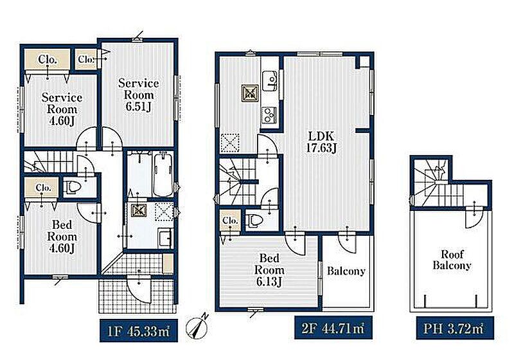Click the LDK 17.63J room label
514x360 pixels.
coord(321,142)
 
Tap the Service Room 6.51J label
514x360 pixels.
coord(139,94)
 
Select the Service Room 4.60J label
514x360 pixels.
coord(62,109)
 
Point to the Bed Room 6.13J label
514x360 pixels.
coord(269,270)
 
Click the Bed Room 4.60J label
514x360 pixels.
coord(62,237)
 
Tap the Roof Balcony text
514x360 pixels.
coord(452,259)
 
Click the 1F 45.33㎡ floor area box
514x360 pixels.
coord(139,331)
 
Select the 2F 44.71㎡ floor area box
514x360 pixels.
coord(333,328)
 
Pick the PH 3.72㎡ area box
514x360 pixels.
coord(455,328)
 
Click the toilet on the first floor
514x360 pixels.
coord(74,187)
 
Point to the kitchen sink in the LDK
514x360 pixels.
coord(270,80)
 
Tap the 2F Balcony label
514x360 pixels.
coord(346,271)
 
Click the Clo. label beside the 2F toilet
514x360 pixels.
coord(230,221)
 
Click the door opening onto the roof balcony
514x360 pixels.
coord(474,217)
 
